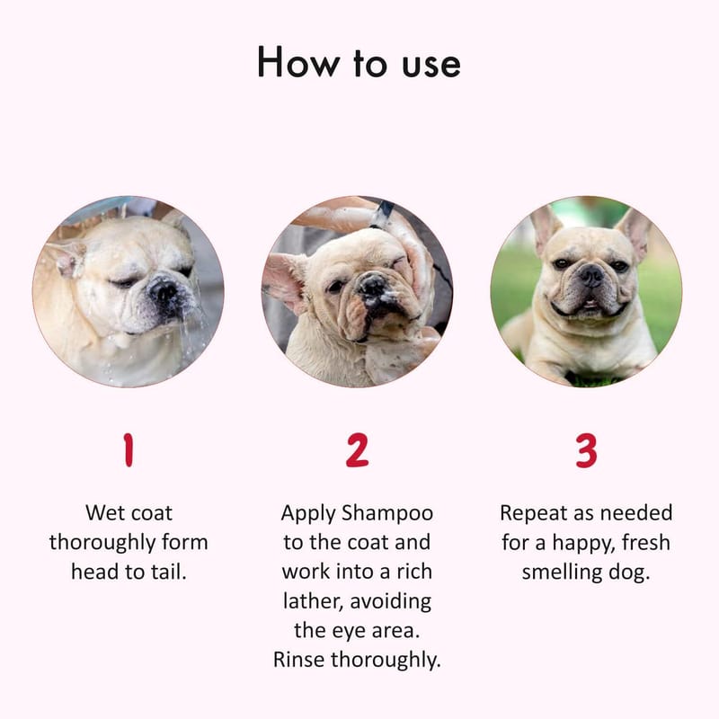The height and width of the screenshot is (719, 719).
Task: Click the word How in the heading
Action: pos(298,62)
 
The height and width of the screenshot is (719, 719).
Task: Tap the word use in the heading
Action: pos(431,65)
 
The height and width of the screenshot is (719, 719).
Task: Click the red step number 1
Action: pos(129,450)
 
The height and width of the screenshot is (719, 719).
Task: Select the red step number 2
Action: pos(357,450)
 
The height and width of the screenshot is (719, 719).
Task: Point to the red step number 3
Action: pos(587,450)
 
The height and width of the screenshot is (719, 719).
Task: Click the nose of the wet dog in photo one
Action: pos(164,289)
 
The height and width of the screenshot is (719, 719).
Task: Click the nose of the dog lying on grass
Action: pos(591,275)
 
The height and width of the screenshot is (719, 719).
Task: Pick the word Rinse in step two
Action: pos(300,660)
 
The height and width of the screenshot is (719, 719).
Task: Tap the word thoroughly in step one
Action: pos(102,543)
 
